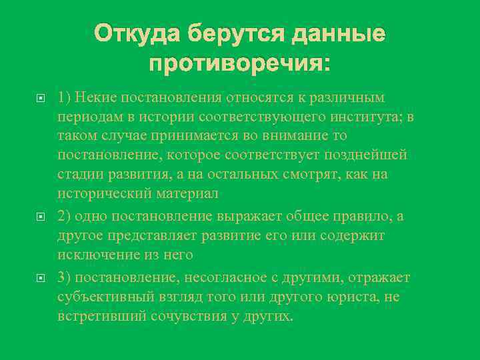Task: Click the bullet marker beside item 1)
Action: (41, 98)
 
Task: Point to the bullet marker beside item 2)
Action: (41, 217)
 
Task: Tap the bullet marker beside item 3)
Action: (41, 277)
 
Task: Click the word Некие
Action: (93, 98)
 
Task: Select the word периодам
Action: (87, 117)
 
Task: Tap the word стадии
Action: (79, 174)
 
